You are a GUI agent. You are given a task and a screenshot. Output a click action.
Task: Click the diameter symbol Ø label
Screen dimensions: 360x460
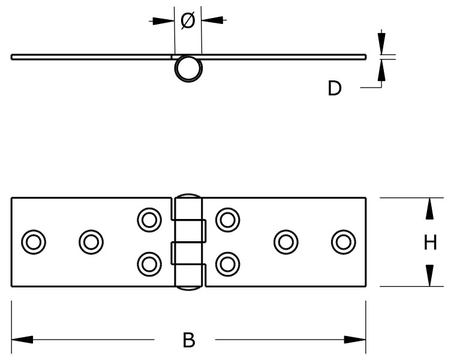click(188, 21)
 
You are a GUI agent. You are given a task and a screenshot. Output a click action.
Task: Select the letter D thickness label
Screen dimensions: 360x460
click(334, 89)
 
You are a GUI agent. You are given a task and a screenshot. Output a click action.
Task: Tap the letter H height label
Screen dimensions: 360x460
click(430, 242)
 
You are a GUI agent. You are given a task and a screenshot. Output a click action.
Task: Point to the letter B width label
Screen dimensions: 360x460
click(188, 340)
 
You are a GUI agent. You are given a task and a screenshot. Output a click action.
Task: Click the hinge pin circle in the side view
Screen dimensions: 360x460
click(188, 68)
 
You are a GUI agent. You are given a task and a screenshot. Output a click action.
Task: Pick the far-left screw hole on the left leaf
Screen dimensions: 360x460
click(33, 242)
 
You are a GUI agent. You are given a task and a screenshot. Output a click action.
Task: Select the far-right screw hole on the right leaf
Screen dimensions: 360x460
click(343, 241)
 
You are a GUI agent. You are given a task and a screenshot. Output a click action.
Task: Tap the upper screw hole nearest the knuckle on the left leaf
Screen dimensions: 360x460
click(149, 219)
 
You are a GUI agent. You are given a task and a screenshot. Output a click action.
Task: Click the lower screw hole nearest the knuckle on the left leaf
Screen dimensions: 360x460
click(149, 263)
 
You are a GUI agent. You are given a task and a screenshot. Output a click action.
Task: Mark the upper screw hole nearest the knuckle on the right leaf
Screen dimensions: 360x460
click(227, 219)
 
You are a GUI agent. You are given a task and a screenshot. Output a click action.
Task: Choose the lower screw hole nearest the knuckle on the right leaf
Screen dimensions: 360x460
click(227, 263)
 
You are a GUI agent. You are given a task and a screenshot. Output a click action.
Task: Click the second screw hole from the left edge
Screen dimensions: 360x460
click(91, 242)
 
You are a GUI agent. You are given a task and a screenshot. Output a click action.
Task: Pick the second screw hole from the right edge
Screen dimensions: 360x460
click(286, 241)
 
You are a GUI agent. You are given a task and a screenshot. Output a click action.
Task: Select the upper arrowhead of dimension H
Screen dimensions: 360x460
click(429, 209)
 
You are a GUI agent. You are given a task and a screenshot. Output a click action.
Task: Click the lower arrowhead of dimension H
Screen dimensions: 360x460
click(429, 275)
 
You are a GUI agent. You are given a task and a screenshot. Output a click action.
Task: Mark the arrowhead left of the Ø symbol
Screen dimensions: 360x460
click(163, 21)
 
